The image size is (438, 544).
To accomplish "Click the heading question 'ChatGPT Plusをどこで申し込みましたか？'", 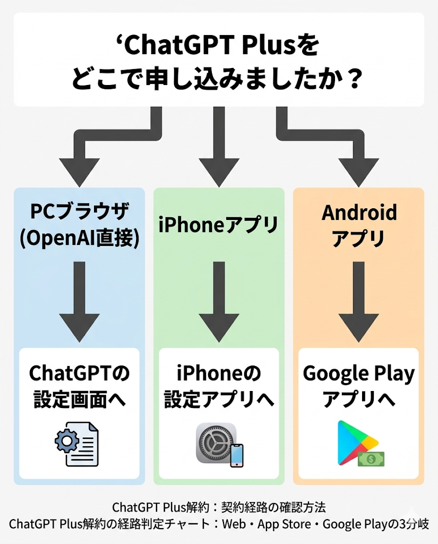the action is tap(219, 59).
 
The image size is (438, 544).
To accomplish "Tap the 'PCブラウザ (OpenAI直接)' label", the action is tap(80, 225).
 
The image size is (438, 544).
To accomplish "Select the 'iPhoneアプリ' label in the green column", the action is tap(219, 225).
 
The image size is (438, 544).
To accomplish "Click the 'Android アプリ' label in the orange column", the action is tap(359, 225).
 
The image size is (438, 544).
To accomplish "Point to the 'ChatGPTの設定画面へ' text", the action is tap(80, 386).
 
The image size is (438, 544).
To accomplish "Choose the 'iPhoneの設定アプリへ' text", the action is tap(219, 386).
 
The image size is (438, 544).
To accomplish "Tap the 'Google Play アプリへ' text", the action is tap(359, 386).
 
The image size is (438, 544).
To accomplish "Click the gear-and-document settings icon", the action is tap(77, 444).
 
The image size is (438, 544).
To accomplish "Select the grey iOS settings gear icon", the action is tap(216, 443).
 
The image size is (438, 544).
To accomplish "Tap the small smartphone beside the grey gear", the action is tap(236, 455).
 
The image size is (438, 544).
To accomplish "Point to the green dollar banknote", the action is tap(371, 459).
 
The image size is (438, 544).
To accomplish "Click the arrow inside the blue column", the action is tap(80, 302).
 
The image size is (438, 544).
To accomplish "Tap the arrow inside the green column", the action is tap(219, 302).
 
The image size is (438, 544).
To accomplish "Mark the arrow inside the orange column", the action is tap(359, 302).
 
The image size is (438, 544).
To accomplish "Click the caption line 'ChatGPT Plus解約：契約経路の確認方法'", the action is tap(219, 507).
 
